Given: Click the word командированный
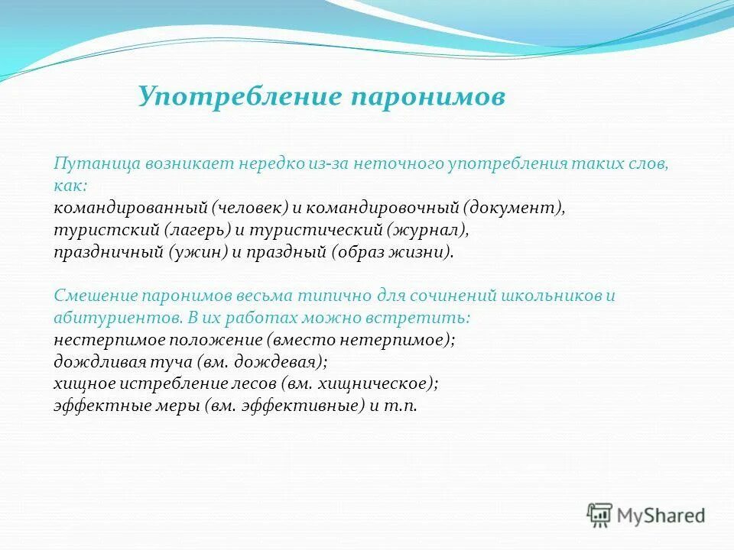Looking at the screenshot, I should (x=132, y=208).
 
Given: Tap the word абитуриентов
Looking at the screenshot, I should (x=105, y=318).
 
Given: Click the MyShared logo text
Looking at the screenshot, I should (x=661, y=516).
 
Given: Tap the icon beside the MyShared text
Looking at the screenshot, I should (x=600, y=515).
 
